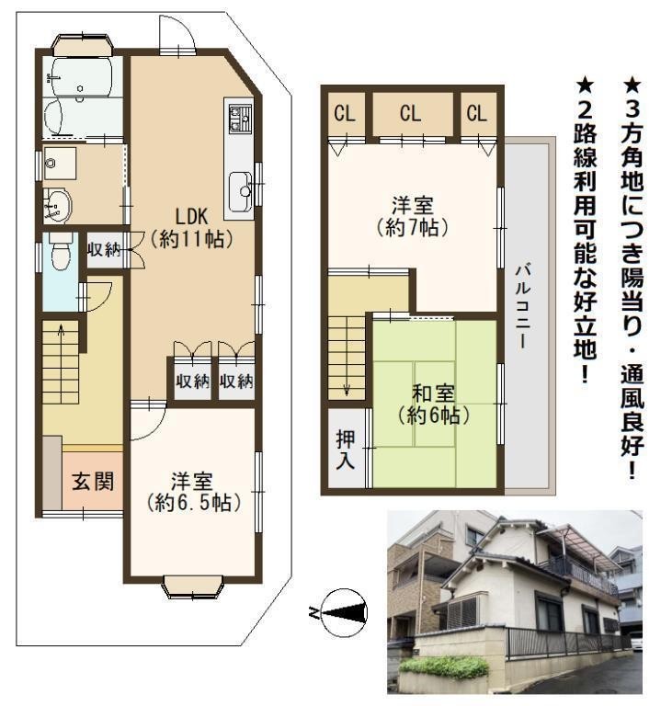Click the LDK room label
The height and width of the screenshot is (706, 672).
click(x=191, y=228)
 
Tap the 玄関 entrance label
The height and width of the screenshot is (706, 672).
click(x=93, y=482)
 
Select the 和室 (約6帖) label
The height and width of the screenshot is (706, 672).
click(x=434, y=404)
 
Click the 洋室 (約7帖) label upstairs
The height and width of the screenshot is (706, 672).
click(x=413, y=217)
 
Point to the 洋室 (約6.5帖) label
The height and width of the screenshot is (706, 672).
click(x=192, y=492)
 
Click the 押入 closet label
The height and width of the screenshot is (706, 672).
click(x=346, y=450)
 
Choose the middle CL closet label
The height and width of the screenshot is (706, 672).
click(x=411, y=113)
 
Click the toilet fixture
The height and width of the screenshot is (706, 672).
click(x=61, y=251)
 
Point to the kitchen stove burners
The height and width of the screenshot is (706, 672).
click(x=239, y=118)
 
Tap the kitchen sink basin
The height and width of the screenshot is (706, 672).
click(x=240, y=191)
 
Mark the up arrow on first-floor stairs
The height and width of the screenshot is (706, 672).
click(x=61, y=334)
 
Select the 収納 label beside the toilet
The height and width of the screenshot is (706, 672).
click(x=105, y=249)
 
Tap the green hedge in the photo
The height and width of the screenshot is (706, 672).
click(x=444, y=667)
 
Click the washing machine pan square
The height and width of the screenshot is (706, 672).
click(x=60, y=163)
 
